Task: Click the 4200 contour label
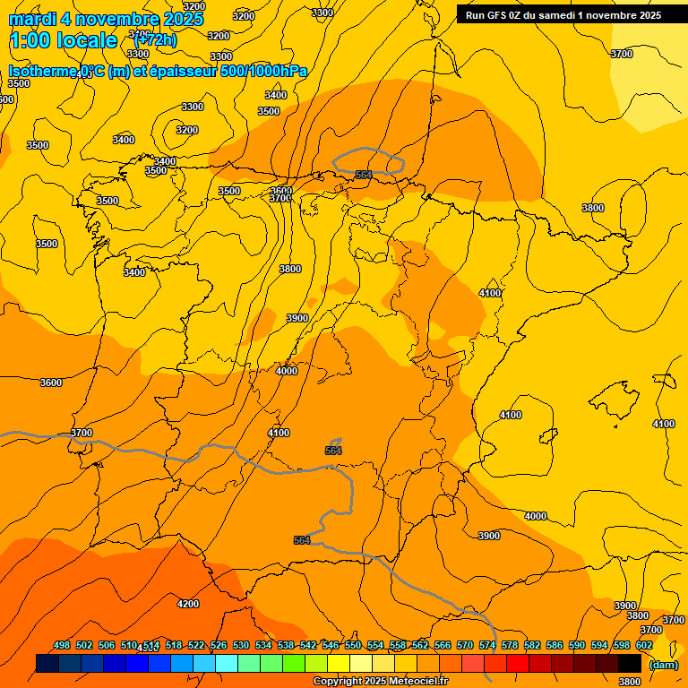188,604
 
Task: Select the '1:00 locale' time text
64,40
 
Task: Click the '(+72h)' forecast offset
155,40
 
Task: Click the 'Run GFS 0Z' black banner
563,15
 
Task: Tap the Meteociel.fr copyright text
379,682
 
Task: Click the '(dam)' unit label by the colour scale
663,664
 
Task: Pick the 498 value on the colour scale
62,645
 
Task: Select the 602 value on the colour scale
644,645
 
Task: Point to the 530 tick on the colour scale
241,645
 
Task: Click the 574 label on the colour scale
487,645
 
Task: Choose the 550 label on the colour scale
353,645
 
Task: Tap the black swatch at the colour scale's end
629,663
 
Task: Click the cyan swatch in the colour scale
227,663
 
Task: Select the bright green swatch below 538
294,663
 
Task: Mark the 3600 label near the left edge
51,383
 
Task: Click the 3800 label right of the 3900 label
637,615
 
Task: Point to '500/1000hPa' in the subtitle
264,72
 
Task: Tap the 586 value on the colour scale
555,645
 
